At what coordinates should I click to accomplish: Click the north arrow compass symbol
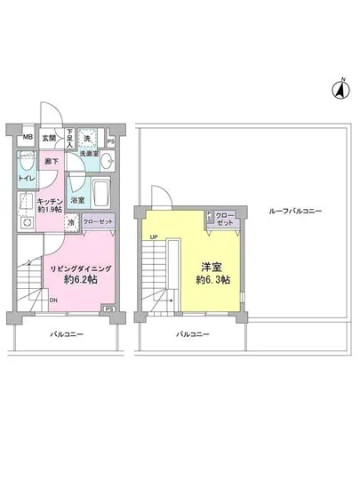[340, 87]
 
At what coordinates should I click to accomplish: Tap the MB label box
[28, 138]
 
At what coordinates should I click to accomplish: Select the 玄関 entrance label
[49, 139]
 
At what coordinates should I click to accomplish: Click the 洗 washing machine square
[88, 139]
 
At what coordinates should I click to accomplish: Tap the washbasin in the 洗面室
[105, 162]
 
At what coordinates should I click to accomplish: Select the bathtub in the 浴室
[100, 192]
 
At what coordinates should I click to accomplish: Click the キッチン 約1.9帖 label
[49, 207]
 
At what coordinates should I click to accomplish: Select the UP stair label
[155, 236]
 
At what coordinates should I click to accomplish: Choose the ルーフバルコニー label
[298, 211]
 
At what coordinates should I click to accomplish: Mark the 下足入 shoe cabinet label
[69, 139]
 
